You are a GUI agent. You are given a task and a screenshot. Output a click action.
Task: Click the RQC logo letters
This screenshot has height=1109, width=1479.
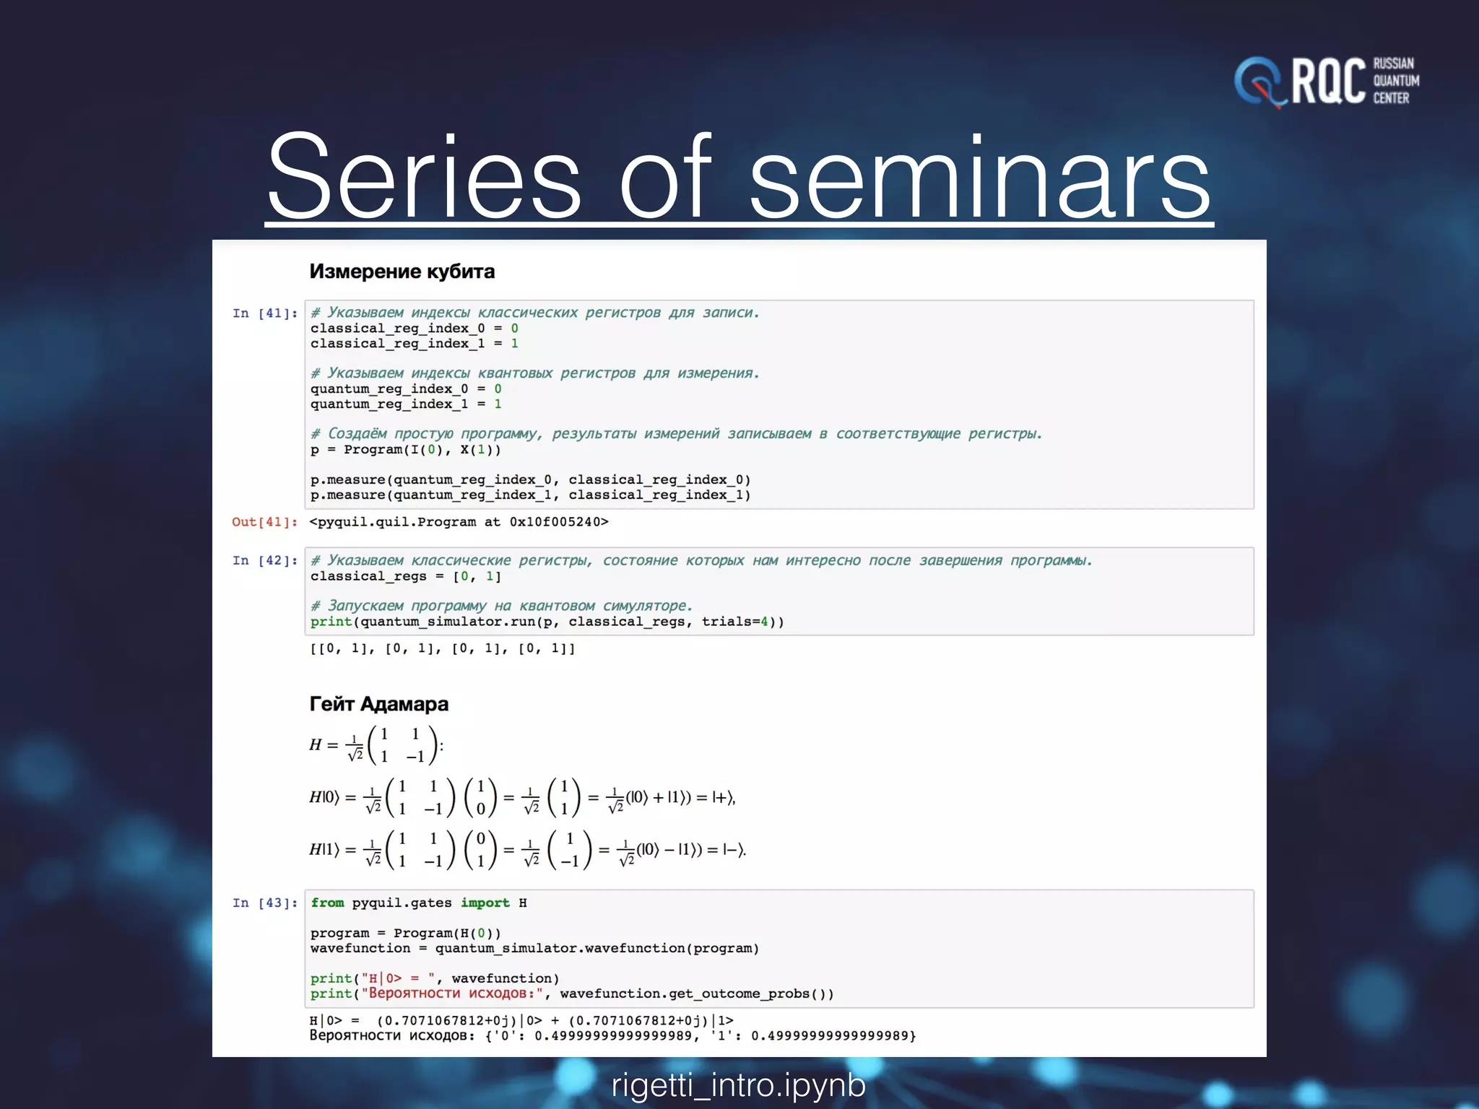click(1327, 82)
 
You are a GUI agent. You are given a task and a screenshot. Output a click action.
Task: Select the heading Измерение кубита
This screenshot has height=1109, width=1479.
click(402, 271)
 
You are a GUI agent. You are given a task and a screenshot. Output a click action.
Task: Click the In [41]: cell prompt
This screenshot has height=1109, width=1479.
click(265, 313)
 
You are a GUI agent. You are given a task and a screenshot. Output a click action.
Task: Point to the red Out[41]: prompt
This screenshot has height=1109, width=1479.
click(264, 522)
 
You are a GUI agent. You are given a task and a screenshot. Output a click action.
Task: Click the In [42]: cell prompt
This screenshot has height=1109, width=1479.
click(265, 560)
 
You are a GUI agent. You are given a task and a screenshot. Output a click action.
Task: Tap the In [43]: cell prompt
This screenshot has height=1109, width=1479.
click(265, 903)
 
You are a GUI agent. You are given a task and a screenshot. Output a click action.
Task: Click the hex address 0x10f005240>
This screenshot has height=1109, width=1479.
click(559, 522)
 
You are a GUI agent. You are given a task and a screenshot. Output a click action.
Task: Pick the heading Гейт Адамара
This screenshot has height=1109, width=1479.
click(378, 704)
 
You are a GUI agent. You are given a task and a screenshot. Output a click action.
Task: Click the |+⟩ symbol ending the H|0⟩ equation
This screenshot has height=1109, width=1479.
click(722, 798)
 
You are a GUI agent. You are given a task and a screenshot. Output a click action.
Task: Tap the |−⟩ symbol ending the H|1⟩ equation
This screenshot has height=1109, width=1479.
click(733, 850)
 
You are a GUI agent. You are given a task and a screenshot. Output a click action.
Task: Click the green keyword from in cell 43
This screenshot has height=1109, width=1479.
click(327, 903)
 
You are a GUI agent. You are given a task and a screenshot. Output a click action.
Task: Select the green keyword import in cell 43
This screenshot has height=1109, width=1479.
click(485, 903)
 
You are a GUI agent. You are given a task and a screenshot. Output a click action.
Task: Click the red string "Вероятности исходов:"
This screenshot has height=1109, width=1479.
click(452, 993)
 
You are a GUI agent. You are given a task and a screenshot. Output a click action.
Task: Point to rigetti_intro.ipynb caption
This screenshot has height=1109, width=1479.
click(738, 1084)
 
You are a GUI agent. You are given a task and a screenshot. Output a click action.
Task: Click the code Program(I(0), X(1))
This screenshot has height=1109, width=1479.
click(422, 450)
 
